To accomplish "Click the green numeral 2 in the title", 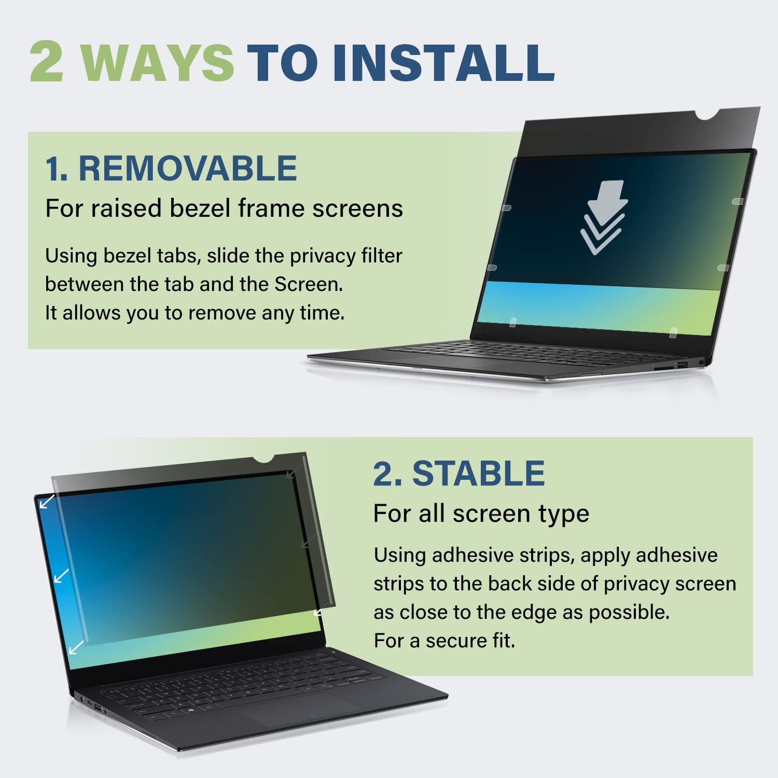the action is tap(47, 62).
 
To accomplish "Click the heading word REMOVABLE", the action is tap(187, 168).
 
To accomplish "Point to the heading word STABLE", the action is tap(478, 473).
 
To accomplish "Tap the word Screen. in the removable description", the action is tap(308, 284).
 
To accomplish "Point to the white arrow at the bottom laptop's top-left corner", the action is tap(47, 502).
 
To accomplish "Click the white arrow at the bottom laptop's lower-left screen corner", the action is tap(76, 647).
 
